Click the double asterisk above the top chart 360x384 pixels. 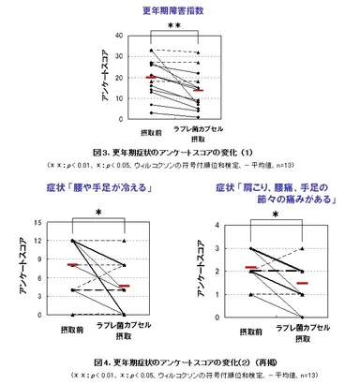click(x=174, y=27)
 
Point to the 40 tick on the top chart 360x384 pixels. click(x=118, y=36)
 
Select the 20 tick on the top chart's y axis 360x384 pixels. click(x=118, y=78)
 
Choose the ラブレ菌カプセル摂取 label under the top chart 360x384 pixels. click(x=200, y=137)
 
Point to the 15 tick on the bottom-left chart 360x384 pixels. click(x=35, y=223)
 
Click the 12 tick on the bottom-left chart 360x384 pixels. click(x=35, y=241)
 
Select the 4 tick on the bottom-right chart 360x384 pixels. click(x=218, y=226)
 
